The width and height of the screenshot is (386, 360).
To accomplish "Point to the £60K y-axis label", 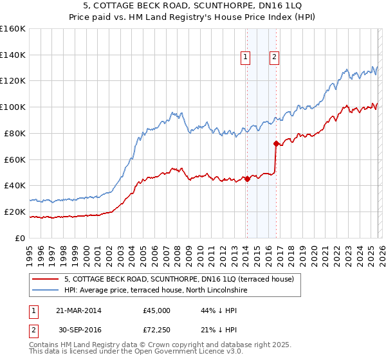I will point(14,159).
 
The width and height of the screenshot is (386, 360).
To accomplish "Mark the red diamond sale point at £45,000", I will point(247,179).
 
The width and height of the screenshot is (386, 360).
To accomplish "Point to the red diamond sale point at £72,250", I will point(276,143).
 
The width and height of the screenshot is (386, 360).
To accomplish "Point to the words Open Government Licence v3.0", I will point(187,352).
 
